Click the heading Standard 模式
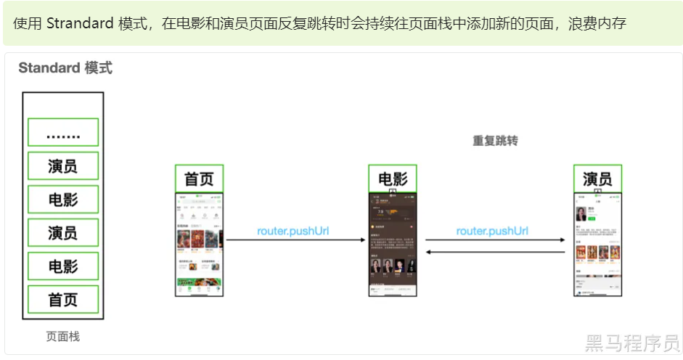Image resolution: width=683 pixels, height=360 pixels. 65,68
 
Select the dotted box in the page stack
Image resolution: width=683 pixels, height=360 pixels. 62,133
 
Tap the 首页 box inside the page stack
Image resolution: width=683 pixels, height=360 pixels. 62,299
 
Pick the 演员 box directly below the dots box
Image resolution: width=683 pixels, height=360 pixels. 62,166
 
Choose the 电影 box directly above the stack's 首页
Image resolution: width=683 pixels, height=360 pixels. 62,266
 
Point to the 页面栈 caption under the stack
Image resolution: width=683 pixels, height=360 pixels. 62,337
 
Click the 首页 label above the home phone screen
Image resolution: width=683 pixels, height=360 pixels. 199,179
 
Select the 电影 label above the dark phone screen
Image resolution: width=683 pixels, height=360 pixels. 393,179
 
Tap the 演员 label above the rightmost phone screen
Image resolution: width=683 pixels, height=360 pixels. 597,179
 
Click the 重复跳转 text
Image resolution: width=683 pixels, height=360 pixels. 495,141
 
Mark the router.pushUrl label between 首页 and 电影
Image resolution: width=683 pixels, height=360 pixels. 293,232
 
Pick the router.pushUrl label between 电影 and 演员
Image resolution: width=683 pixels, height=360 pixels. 492,232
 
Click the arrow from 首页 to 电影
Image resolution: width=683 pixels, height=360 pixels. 293,240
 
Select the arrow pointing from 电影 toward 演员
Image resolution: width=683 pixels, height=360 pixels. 495,240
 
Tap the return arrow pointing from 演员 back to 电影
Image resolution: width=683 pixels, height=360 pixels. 495,252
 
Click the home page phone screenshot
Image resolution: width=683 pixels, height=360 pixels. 199,245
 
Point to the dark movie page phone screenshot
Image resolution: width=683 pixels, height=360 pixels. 393,245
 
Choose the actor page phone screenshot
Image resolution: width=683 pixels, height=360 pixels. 597,245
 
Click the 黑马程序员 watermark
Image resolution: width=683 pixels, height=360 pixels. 631,343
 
